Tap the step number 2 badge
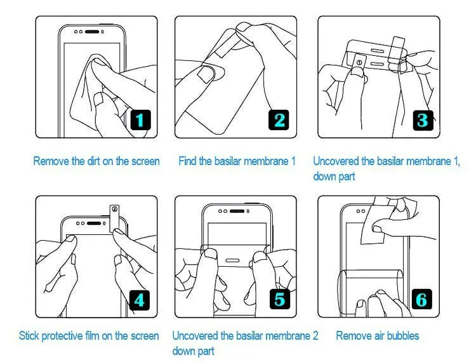(x=279, y=119)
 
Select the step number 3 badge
(x=421, y=119)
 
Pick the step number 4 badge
(x=140, y=298)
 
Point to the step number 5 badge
(x=279, y=298)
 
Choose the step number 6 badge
(x=421, y=298)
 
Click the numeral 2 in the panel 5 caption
(x=315, y=335)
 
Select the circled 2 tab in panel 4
(x=114, y=209)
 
